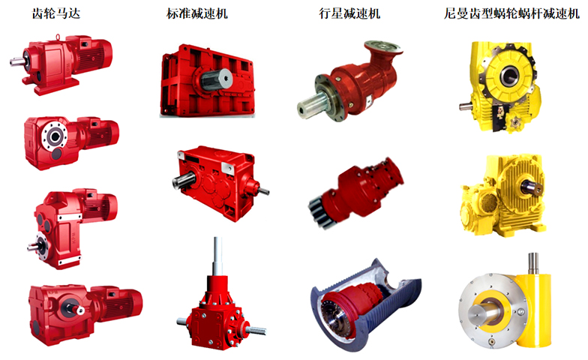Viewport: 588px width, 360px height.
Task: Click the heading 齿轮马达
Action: tap(56, 13)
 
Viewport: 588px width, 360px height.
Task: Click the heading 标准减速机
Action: tap(196, 13)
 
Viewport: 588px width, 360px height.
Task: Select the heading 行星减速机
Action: tap(349, 13)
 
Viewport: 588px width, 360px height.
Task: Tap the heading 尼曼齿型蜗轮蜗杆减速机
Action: tap(511, 13)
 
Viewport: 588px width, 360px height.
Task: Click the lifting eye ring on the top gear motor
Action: tap(58, 37)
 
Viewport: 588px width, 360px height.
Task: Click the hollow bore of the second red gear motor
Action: tap(55, 136)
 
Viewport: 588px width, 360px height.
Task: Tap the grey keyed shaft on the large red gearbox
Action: tap(214, 79)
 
